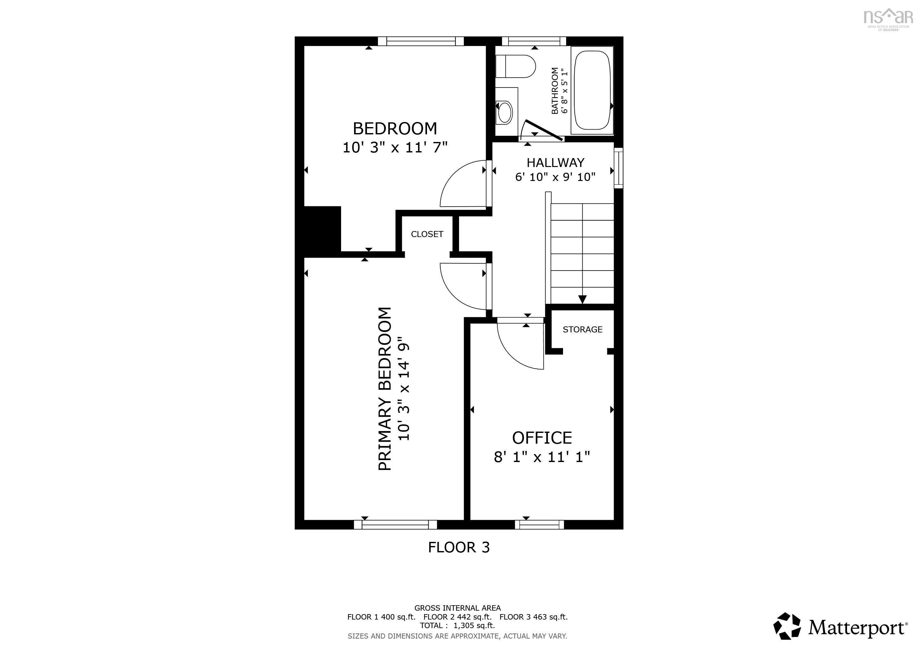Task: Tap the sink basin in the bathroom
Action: (505, 112)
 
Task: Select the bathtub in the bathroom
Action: (592, 90)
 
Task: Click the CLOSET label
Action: (427, 234)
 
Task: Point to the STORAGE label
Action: (582, 329)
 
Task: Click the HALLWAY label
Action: (555, 163)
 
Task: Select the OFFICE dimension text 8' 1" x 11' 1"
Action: (542, 457)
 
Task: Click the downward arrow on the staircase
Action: (582, 299)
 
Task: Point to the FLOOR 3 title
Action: (459, 547)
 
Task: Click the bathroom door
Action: (544, 130)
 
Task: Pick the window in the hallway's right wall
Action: (618, 168)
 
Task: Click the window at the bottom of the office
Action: (540, 524)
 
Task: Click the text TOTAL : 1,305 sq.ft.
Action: (457, 626)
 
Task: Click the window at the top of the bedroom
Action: (421, 41)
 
